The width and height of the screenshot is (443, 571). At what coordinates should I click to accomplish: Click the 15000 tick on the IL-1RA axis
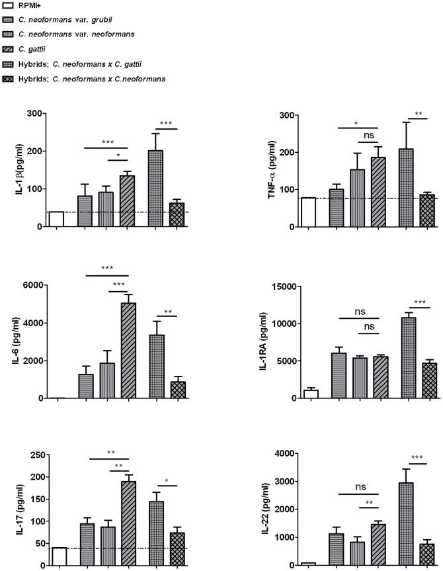coord(282,286)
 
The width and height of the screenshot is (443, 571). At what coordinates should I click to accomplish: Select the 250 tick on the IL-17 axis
coord(34,455)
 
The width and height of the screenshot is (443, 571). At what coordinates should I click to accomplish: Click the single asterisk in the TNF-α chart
coord(357,123)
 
